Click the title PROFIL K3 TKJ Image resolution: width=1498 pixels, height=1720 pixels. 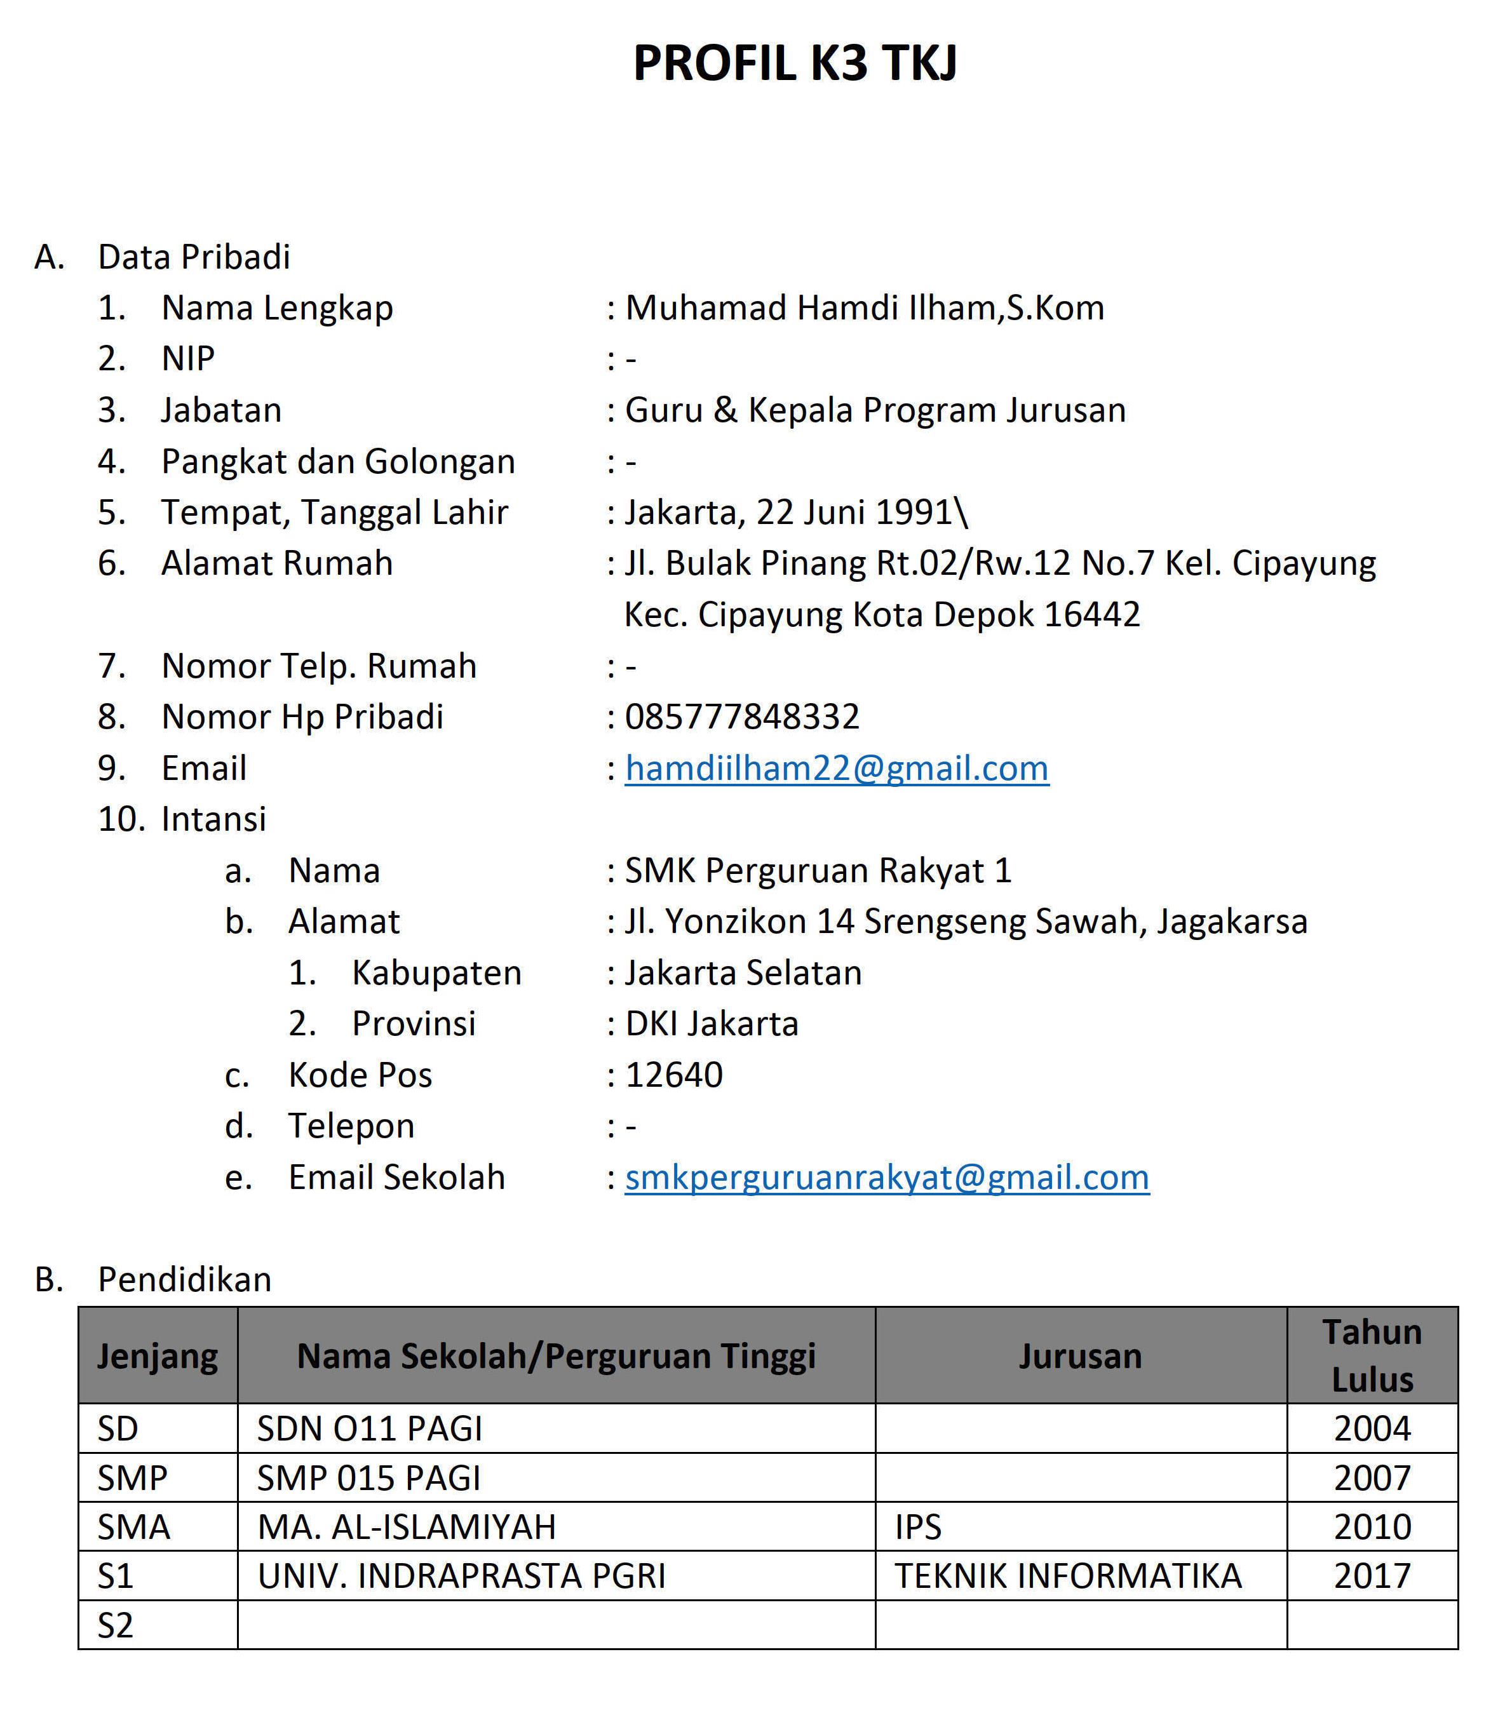(x=795, y=63)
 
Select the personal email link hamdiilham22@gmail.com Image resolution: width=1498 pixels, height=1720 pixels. (x=837, y=768)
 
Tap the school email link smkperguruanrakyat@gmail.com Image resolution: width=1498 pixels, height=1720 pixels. (x=887, y=1177)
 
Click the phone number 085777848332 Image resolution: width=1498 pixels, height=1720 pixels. (x=742, y=717)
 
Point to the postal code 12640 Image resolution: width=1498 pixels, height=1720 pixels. (x=674, y=1075)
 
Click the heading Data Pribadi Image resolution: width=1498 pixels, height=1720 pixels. (x=194, y=257)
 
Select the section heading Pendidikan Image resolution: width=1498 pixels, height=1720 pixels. (x=185, y=1280)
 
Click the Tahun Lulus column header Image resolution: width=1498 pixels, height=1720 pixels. (x=1372, y=1355)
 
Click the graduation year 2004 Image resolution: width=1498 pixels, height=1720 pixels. (x=1372, y=1428)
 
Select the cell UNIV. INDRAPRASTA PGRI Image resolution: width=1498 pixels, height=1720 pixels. (x=461, y=1576)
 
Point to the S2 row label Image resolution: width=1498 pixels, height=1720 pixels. (x=116, y=1625)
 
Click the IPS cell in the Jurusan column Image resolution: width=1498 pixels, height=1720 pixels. (x=918, y=1528)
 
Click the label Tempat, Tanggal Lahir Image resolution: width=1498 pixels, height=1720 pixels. (x=334, y=513)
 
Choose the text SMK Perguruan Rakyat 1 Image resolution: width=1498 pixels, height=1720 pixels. (x=818, y=871)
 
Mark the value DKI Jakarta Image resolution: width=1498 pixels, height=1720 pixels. (x=712, y=1024)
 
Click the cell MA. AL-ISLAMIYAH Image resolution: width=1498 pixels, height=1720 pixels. (x=407, y=1528)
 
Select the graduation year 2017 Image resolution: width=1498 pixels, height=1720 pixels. (x=1372, y=1576)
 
